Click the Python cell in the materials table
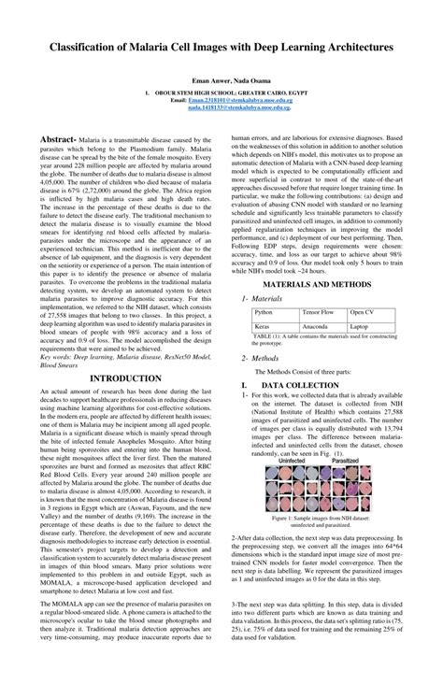pyautogui.click(x=264, y=312)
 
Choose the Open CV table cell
pyautogui.click(x=363, y=312)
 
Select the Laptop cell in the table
pyautogui.click(x=361, y=326)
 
